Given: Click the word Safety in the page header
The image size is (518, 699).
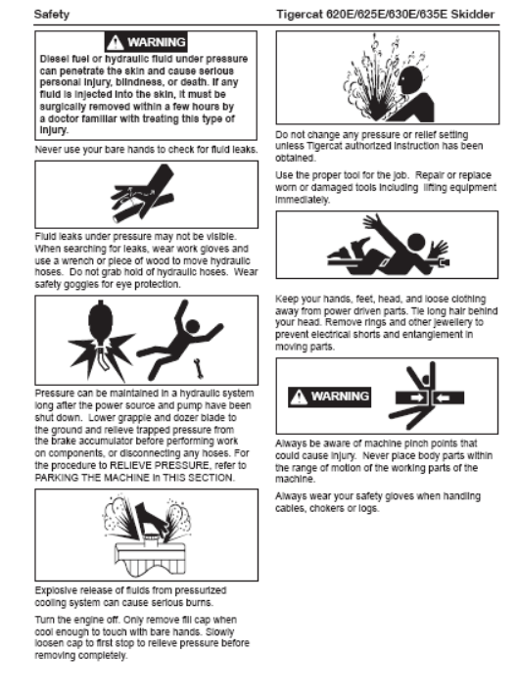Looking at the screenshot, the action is coord(52,15).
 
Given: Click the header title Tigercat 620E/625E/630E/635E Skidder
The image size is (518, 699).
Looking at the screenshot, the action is coord(385,15).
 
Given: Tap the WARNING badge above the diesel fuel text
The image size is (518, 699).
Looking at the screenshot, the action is coord(146,42).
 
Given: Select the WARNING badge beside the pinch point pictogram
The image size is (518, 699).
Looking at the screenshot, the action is coord(329,396).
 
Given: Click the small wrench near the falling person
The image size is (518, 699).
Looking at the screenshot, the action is coord(199,368).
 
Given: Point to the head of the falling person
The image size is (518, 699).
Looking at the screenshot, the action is coord(193,326).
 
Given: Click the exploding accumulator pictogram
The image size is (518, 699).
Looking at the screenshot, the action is coord(102,340).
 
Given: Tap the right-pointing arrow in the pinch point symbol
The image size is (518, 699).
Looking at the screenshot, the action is coord(417,397).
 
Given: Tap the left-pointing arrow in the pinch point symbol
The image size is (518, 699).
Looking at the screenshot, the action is coord(443,397).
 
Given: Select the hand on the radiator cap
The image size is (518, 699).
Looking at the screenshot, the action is coord(153,519).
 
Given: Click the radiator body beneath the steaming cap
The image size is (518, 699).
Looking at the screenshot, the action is coord(150,558).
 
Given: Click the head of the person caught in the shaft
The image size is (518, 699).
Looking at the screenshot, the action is coord(416,242).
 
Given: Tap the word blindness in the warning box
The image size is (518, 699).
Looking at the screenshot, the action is coord(139,82).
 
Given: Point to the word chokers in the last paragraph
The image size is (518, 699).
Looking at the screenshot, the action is coord(327,508).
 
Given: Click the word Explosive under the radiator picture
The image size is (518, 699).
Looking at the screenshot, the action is coord(55,590).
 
